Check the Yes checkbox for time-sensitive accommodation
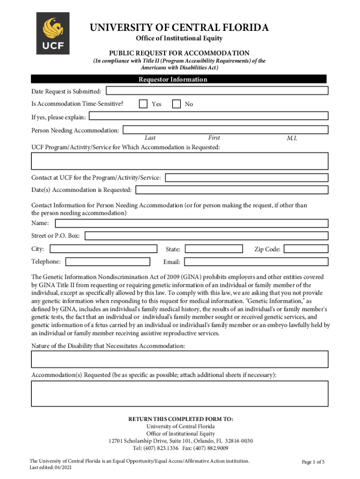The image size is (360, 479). pyautogui.click(x=144, y=104)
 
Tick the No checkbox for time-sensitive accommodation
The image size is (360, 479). pyautogui.click(x=176, y=104)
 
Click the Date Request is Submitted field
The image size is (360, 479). pyautogui.click(x=216, y=91)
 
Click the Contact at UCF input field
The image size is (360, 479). pyautogui.click(x=246, y=178)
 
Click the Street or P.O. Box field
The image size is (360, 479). pyautogui.click(x=206, y=236)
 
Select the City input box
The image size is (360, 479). pyautogui.click(x=103, y=249)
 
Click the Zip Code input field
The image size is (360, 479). pyautogui.click(x=306, y=249)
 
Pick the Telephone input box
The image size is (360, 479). pyautogui.click(x=108, y=261)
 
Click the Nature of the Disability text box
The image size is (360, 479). pyautogui.click(x=180, y=359)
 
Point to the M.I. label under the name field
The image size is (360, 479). pyautogui.click(x=292, y=138)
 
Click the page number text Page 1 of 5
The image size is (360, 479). pyautogui.click(x=313, y=462)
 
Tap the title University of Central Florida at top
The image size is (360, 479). pyautogui.click(x=179, y=28)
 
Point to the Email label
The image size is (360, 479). pyautogui.click(x=172, y=262)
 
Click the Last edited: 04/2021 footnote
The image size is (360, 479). pyautogui.click(x=50, y=467)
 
